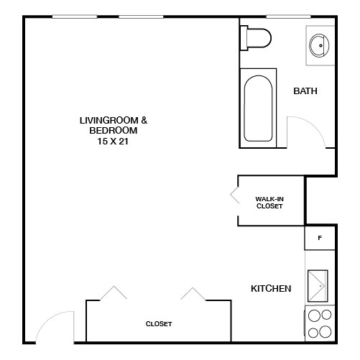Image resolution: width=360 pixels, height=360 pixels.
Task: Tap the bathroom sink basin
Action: point(319,45)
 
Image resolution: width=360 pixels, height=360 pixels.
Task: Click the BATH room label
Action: point(305,91)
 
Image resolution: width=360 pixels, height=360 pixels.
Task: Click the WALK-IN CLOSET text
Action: point(269,203)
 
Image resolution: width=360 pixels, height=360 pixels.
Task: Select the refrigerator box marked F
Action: point(320,237)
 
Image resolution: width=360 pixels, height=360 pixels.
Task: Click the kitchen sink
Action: point(318,287)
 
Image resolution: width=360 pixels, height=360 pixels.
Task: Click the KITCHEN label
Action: point(270,289)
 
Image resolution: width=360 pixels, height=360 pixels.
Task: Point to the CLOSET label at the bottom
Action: point(159,324)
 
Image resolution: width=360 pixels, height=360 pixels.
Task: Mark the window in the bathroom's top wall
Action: point(287,17)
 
